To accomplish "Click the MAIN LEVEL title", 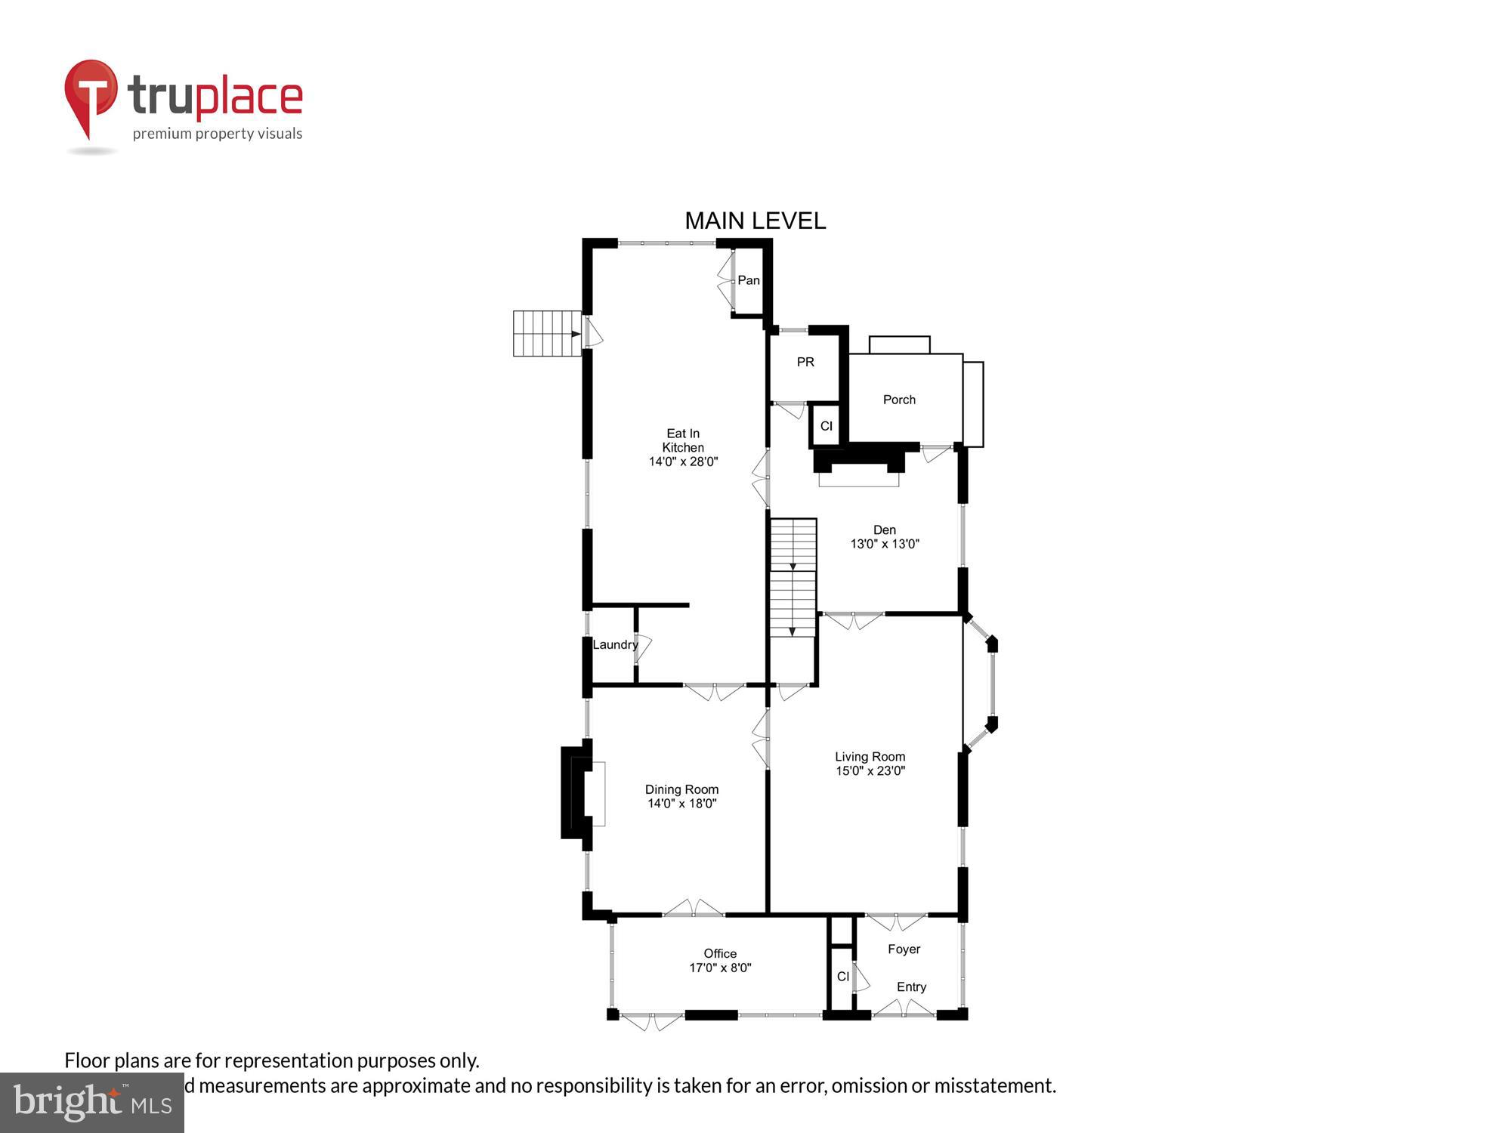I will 755,221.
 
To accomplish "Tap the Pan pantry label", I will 748,280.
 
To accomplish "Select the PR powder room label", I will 805,362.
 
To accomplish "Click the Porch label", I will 899,400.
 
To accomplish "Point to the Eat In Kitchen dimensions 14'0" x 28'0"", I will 683,462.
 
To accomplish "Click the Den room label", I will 884,530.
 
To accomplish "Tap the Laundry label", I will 614,644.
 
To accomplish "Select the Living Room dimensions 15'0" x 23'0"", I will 870,770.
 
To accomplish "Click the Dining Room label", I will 681,789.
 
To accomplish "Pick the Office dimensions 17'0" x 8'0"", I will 720,968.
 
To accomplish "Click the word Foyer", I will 904,949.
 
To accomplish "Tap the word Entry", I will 911,987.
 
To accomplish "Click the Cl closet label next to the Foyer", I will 842,977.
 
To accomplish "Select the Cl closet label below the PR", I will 826,426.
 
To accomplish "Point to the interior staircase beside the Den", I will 793,578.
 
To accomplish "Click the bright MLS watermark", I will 91,1103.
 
